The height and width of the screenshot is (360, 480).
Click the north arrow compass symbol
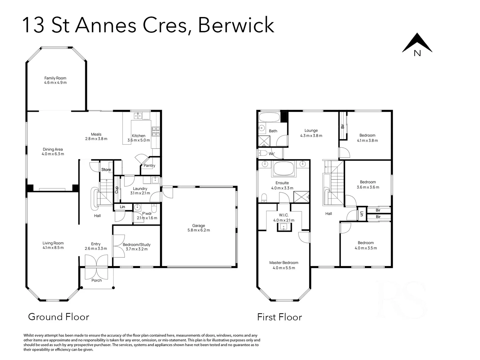[417, 45]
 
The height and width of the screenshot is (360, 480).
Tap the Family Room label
[55, 78]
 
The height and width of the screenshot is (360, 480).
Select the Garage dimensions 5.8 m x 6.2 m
[199, 230]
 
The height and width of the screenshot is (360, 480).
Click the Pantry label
[149, 166]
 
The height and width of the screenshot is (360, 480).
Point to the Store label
[106, 170]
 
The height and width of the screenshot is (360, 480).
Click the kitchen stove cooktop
[156, 131]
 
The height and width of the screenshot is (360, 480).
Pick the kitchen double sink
[138, 116]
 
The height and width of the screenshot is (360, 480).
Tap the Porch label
[97, 280]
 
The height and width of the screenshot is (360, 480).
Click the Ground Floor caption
[59, 317]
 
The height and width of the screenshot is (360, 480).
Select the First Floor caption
[279, 317]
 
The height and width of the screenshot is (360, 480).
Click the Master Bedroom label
[283, 263]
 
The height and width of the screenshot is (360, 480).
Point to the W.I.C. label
[283, 215]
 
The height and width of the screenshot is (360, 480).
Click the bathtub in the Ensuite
[283, 169]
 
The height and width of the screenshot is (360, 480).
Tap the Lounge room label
[311, 131]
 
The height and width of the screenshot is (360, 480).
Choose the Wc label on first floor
[271, 154]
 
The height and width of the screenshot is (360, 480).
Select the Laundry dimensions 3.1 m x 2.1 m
[140, 193]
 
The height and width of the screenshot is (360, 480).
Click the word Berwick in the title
[236, 25]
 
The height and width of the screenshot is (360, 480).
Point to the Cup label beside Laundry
[117, 190]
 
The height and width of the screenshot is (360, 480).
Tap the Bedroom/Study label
[137, 245]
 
